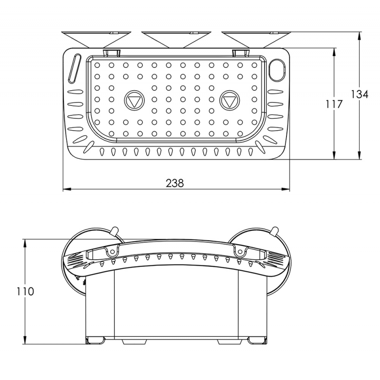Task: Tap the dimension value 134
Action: tap(360, 95)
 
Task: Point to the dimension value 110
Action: tap(25, 291)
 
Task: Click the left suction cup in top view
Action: tap(96, 38)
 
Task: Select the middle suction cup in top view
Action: tap(176, 38)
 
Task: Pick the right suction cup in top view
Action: tap(256, 38)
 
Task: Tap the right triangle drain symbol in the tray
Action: tap(230, 101)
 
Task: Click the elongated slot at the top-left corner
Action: tap(75, 68)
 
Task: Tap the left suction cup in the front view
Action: tap(76, 261)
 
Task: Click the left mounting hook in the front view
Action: tap(112, 250)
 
